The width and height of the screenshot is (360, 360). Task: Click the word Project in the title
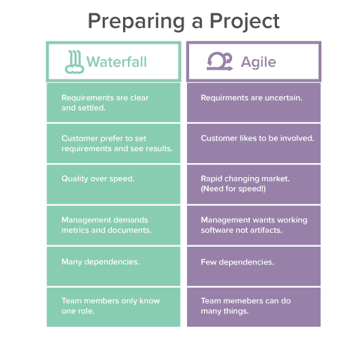(x=245, y=21)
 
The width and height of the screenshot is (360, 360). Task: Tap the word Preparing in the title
(x=136, y=22)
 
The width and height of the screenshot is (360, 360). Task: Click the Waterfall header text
(x=117, y=62)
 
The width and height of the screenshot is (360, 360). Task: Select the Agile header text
(x=258, y=63)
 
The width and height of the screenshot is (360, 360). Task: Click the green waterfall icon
(x=75, y=62)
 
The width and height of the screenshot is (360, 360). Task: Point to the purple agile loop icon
(x=219, y=61)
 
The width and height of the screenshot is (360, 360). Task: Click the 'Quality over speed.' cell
(x=113, y=184)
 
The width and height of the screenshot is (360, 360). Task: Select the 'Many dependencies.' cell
(x=113, y=266)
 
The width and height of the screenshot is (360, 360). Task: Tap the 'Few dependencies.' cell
(x=254, y=266)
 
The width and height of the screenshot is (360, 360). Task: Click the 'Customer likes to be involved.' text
(x=257, y=138)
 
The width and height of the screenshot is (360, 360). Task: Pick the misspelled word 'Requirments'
(x=224, y=98)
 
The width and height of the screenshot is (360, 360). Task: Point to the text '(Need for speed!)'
(x=233, y=188)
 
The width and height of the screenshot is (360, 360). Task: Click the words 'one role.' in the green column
(x=78, y=311)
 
